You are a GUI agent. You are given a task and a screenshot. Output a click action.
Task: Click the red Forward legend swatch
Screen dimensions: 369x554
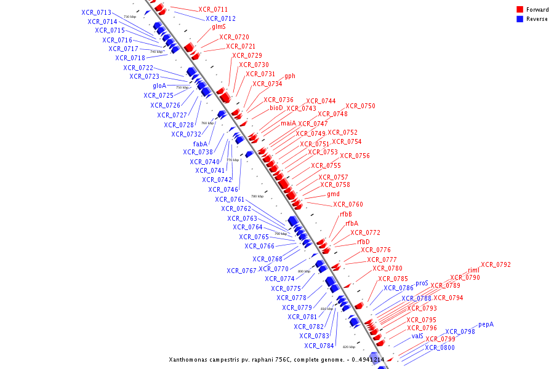coord(520,10)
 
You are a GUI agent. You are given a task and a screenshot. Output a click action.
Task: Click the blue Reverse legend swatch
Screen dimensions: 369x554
coord(520,19)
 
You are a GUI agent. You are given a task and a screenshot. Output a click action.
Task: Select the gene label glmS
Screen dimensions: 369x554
coord(219,27)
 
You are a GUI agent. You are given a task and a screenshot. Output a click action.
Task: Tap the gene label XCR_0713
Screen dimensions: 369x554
coord(96,13)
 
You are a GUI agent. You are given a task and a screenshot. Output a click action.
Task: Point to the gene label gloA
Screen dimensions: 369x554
coord(159,85)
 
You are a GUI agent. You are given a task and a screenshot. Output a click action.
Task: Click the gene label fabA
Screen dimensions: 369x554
coord(200,144)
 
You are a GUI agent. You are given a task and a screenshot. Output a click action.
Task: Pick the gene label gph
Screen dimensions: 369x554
coord(290,76)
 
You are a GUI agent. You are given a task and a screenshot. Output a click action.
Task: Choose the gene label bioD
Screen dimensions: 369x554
coord(276,108)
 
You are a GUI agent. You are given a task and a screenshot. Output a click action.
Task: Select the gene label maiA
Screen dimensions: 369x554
coord(288,123)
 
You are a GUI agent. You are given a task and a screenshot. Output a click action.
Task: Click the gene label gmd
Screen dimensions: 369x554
coord(333,194)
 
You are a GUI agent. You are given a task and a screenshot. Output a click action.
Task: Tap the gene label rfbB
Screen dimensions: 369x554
coord(346,214)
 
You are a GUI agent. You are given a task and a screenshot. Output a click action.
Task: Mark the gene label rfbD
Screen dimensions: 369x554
coord(363,242)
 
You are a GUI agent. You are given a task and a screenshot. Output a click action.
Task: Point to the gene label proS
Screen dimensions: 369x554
coord(422,284)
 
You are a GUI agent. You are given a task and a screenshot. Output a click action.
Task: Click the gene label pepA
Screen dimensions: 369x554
coord(486,324)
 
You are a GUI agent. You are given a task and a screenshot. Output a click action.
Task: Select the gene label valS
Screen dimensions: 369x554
coord(417,336)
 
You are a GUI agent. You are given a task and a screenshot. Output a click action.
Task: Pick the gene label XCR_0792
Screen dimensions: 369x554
coord(496,265)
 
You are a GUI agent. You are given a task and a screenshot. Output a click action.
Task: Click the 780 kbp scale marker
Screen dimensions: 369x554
coord(257,197)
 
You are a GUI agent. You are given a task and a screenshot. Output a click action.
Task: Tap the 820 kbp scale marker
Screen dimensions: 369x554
coord(349,347)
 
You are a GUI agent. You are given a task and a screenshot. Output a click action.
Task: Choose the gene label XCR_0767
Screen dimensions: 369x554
coord(241,271)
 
